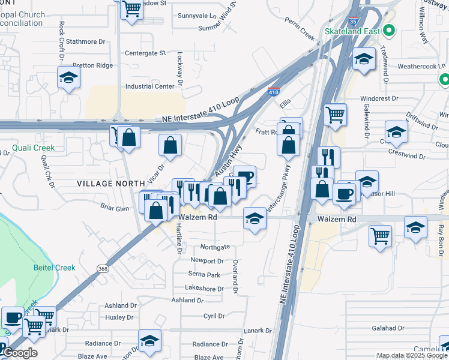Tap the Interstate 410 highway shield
[x=273, y=92]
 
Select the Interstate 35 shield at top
[x=353, y=20]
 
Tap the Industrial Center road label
[x=149, y=86]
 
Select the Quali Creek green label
[x=34, y=148]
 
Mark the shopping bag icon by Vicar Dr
[x=170, y=145]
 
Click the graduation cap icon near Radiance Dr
[x=149, y=341]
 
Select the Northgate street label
[x=215, y=247]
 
